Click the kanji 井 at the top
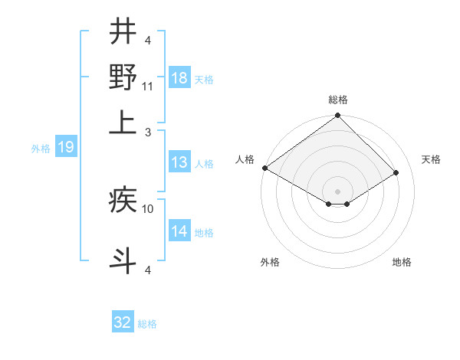(123, 31)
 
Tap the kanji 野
(123, 77)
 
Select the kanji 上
(123, 123)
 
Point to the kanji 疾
(123, 201)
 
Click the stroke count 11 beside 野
(148, 87)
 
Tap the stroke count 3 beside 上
(148, 133)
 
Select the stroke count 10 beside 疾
(148, 208)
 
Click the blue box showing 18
(179, 78)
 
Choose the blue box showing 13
(179, 162)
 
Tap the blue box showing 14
(179, 231)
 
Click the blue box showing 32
(123, 322)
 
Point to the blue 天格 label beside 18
(203, 80)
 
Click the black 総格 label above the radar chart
(338, 100)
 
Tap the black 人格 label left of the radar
(245, 159)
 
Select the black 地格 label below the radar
(402, 262)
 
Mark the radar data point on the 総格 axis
(338, 116)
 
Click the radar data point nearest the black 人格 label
(264, 168)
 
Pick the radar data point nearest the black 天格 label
(396, 173)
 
